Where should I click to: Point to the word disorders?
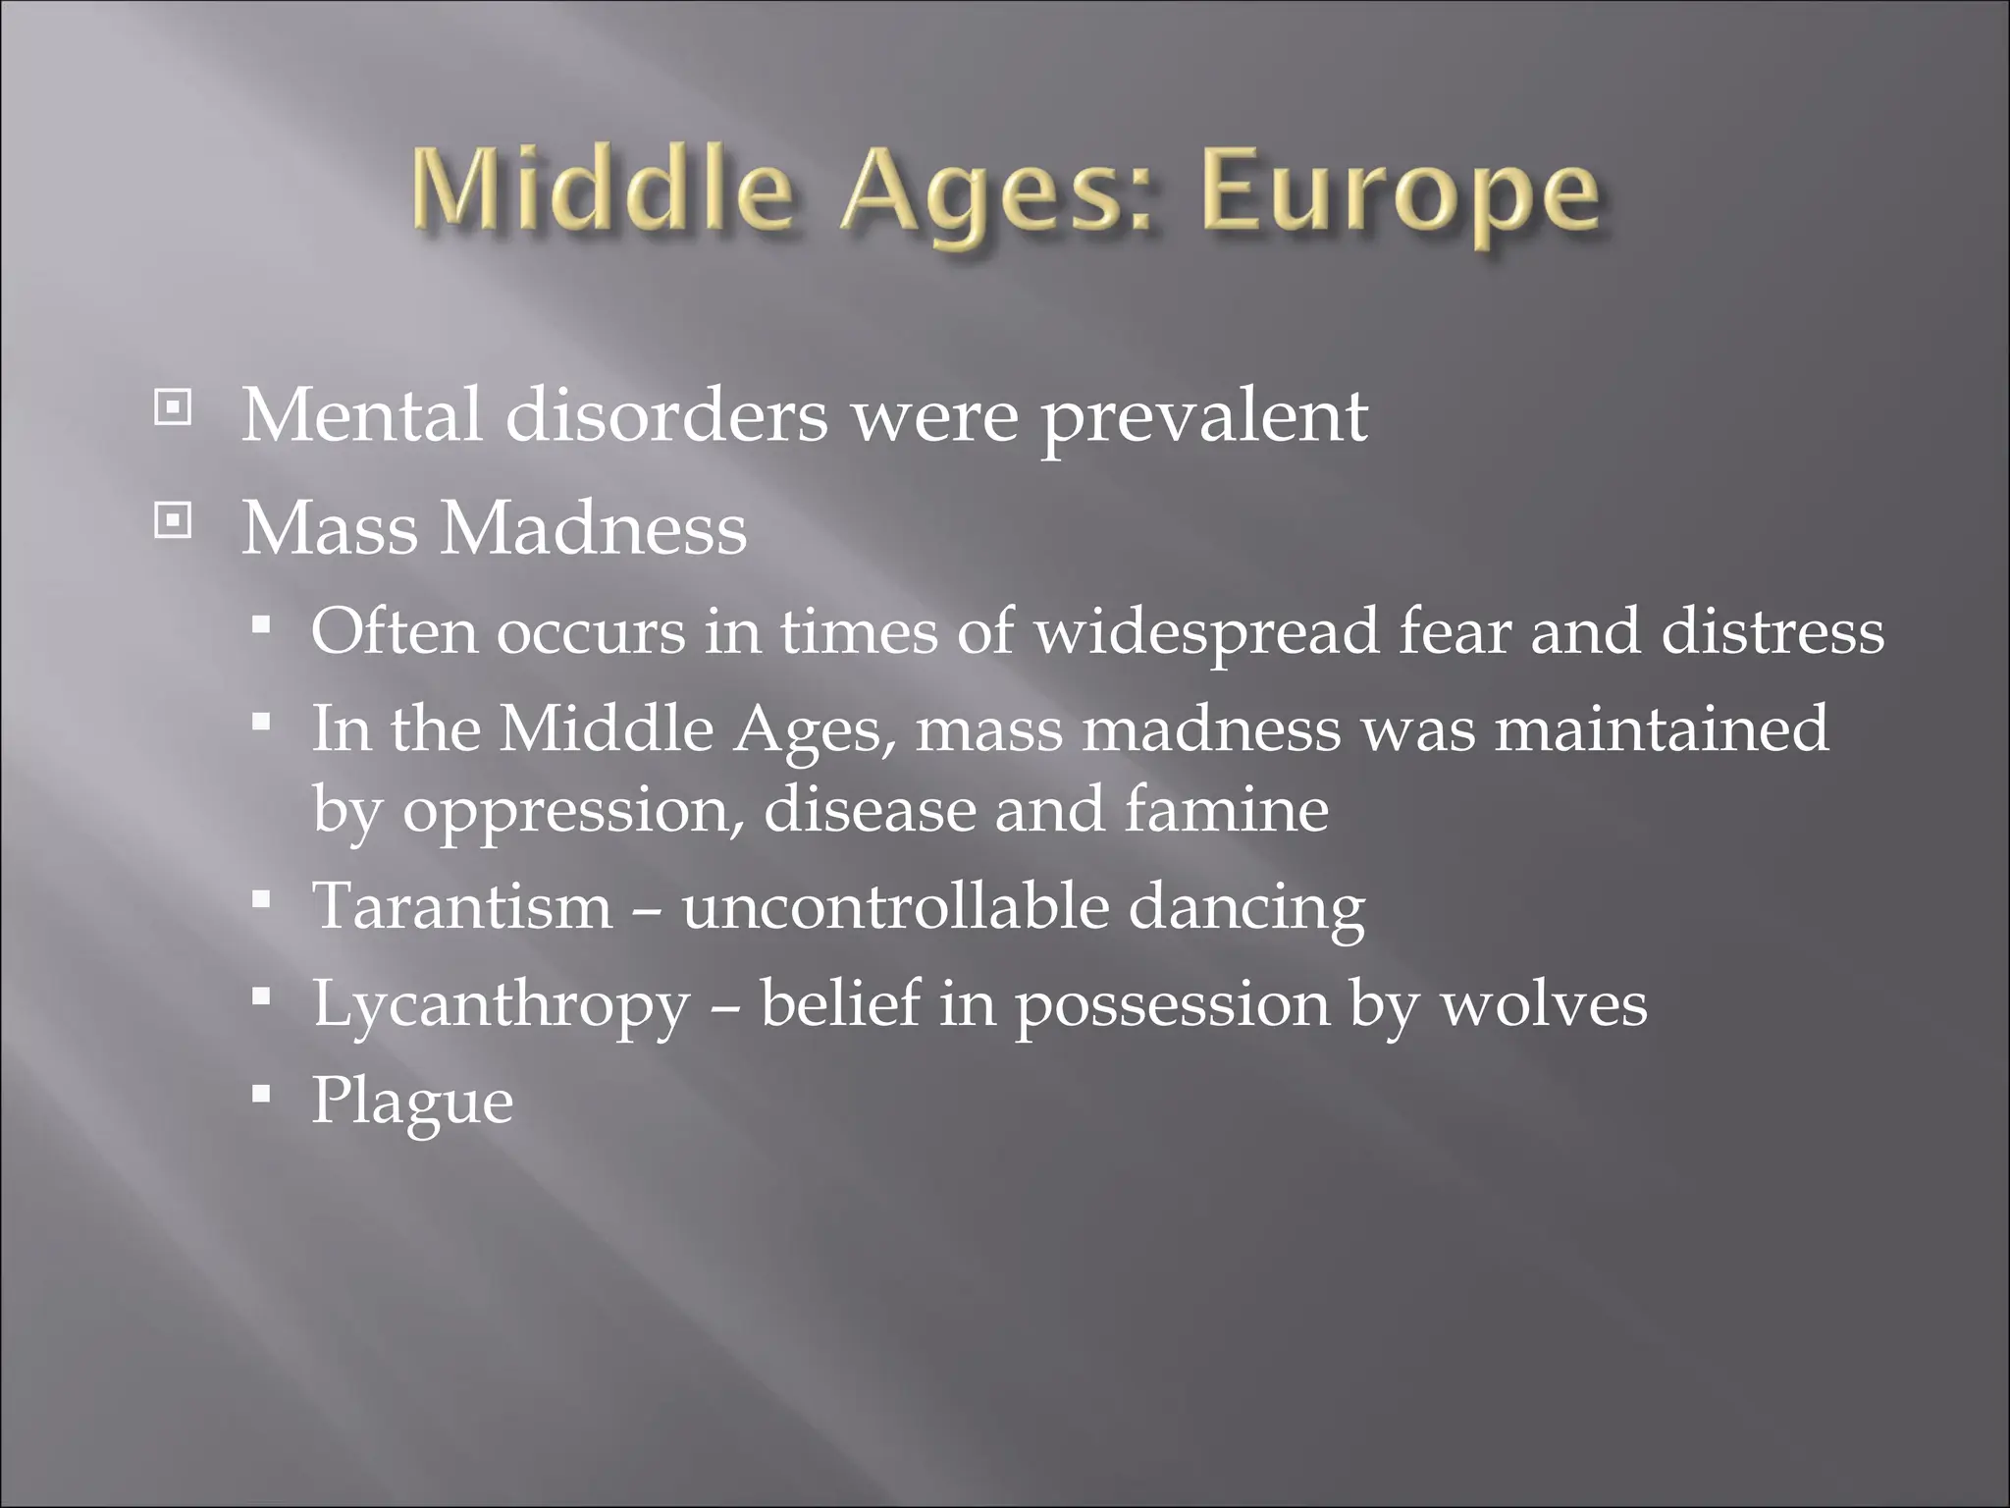pos(666,414)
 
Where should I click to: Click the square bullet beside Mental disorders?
pos(173,406)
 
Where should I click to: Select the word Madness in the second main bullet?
pos(593,528)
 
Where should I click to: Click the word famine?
pos(1227,809)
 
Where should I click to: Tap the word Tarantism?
pos(462,905)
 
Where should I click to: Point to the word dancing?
pos(1245,907)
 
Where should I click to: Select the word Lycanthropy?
pos(502,1005)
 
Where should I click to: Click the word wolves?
pos(1543,1003)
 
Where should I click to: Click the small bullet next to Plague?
pos(260,1094)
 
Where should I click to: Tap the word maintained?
pos(1661,729)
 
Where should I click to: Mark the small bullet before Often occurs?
pos(260,623)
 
